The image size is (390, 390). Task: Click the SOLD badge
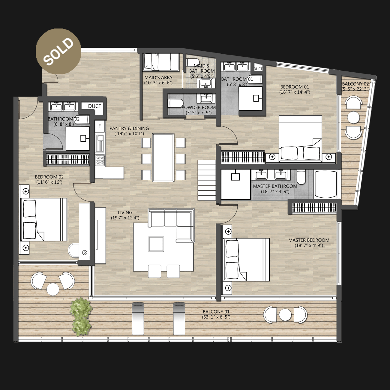click(58, 51)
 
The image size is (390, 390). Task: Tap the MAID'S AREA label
click(158, 77)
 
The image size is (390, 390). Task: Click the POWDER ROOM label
click(199, 107)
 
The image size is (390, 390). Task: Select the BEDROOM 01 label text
click(295, 87)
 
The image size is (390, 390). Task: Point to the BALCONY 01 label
click(216, 312)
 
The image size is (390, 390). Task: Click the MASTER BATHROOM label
click(275, 186)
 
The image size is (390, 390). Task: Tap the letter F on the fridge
click(100, 126)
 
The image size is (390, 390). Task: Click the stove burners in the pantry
click(100, 160)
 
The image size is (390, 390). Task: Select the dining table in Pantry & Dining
click(163, 158)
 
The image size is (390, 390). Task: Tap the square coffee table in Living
click(156, 244)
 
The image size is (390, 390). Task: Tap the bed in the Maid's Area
click(161, 62)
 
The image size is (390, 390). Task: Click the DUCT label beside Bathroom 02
click(94, 106)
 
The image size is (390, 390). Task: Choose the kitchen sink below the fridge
click(100, 143)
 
